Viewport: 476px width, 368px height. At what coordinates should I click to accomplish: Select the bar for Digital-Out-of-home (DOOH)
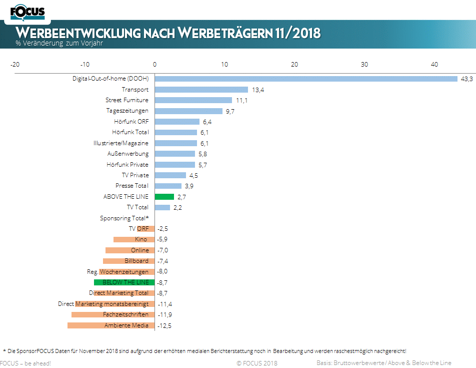306,79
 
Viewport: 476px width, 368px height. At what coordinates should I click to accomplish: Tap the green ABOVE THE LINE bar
164,197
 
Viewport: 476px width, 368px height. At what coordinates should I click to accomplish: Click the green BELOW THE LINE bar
124,282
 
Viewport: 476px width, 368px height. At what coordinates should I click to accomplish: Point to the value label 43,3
466,79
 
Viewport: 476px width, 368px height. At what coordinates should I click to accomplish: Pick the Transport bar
201,90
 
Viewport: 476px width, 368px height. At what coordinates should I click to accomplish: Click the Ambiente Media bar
111,325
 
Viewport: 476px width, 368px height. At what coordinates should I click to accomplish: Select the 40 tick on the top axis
434,64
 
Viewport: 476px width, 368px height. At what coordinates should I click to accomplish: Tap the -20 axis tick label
15,64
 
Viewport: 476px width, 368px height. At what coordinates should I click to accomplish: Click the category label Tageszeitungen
127,111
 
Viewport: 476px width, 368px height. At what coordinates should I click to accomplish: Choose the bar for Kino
134,239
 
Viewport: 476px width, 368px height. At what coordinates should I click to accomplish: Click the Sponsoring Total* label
124,218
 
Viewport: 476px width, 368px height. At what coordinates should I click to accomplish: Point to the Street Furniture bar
193,100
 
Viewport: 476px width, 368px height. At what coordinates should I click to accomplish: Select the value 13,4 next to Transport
257,90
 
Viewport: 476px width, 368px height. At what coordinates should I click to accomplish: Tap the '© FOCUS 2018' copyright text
257,363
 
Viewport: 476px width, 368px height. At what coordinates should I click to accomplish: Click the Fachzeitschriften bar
113,314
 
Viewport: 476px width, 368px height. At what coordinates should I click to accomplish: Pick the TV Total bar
162,207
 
